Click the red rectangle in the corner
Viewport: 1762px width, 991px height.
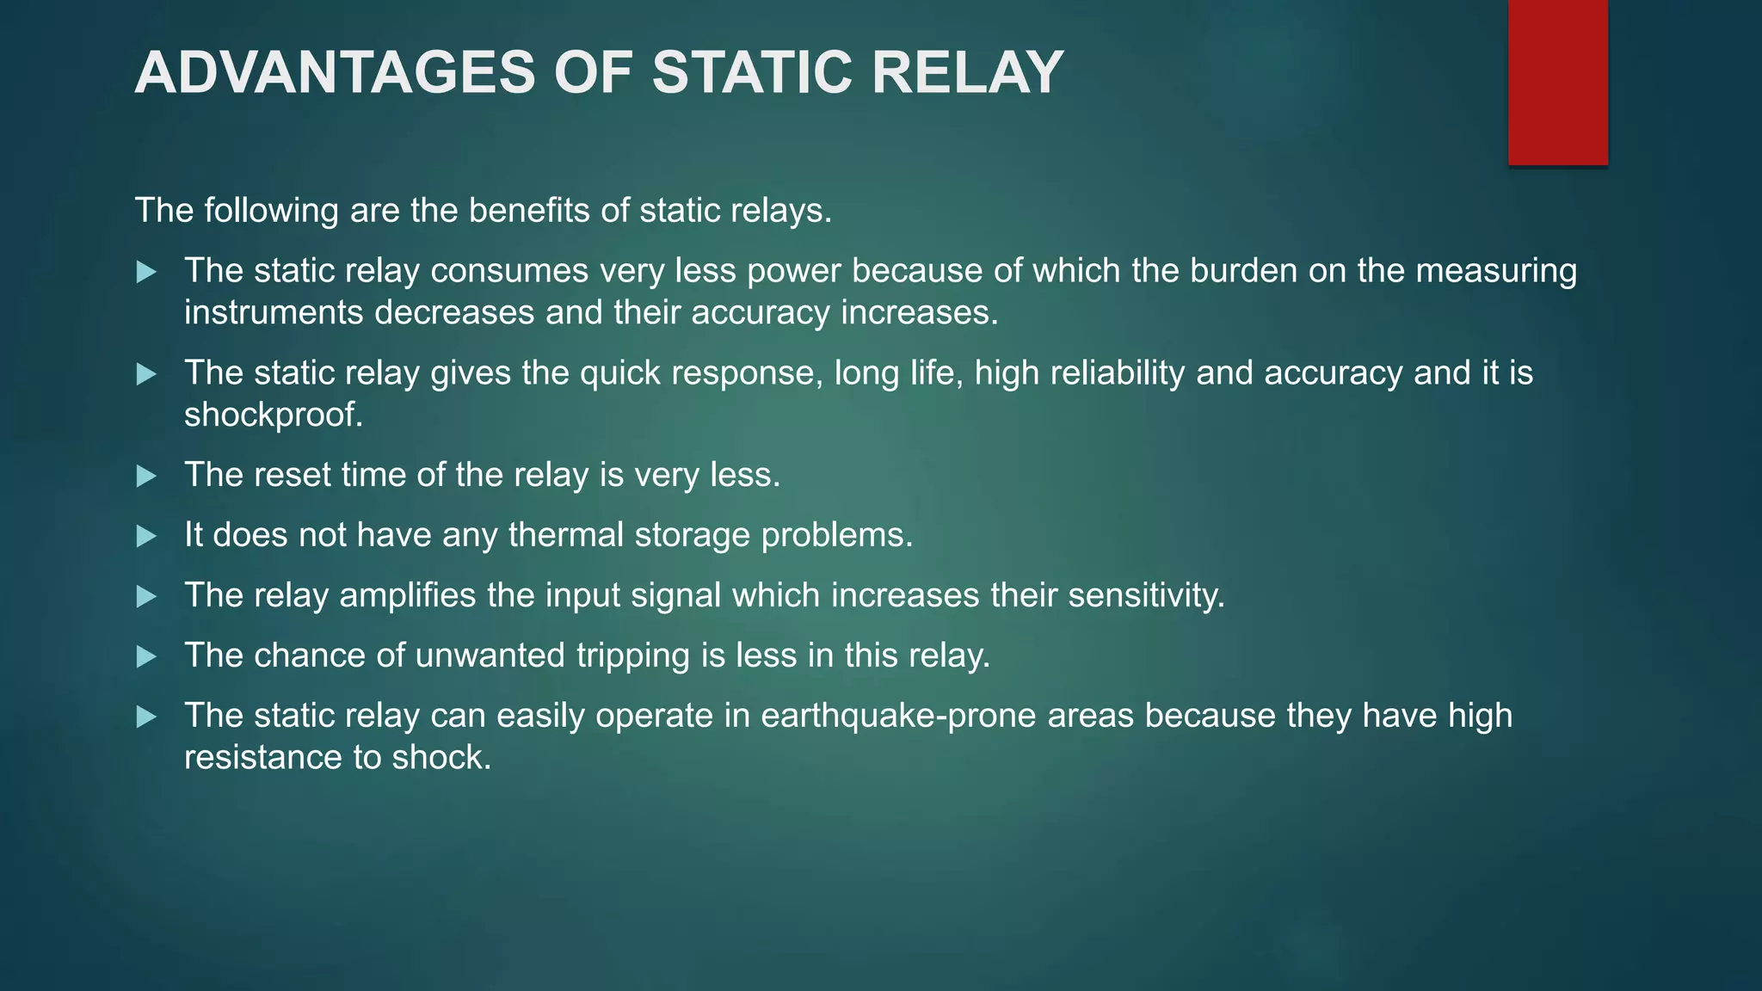coord(1557,82)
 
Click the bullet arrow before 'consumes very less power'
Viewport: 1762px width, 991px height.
coord(147,273)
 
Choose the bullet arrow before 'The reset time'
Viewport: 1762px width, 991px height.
coord(147,477)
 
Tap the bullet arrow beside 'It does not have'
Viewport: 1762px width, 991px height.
coord(147,537)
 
